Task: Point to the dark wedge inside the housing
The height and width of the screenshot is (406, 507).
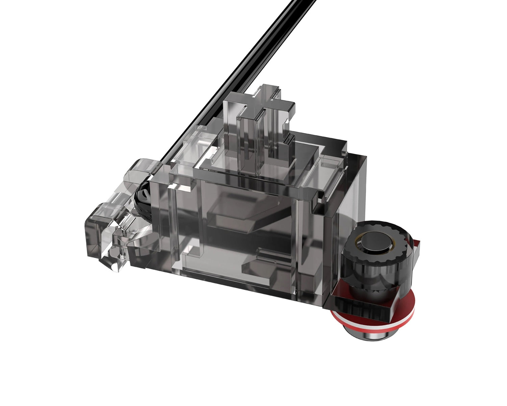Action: [237, 217]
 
